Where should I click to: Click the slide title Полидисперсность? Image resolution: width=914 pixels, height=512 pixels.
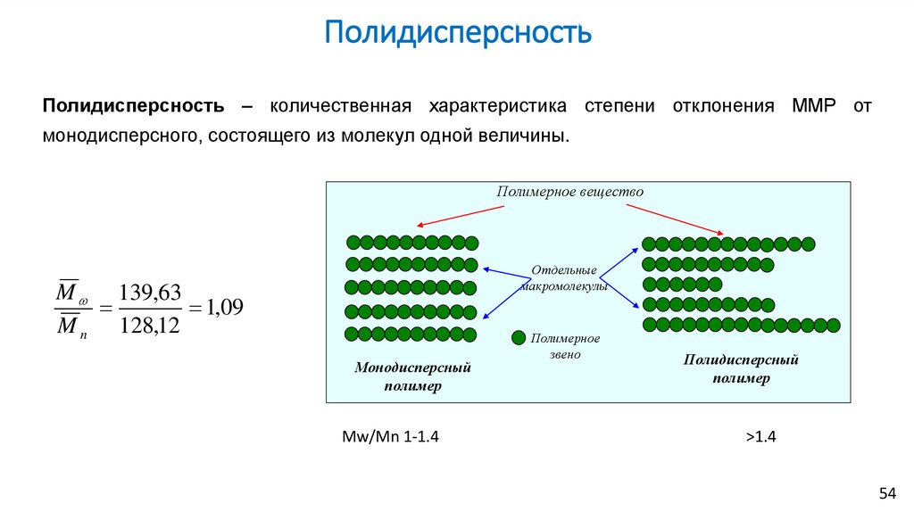coord(457,33)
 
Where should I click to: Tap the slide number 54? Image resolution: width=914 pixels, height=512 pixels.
coord(887,493)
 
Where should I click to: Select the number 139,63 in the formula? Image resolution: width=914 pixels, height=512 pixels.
coord(149,292)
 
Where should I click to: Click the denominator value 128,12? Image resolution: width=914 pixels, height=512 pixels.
coord(149,326)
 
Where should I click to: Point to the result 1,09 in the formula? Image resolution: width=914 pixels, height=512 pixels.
coord(224,308)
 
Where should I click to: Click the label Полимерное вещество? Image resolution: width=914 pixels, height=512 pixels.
coord(570,192)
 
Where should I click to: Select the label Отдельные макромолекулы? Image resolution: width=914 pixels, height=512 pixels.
coord(564,278)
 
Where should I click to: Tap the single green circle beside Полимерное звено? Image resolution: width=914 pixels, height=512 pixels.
coord(518,338)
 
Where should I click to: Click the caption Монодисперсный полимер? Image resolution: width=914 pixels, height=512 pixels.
coord(412,376)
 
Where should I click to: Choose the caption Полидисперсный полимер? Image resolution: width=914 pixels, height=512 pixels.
coord(741,368)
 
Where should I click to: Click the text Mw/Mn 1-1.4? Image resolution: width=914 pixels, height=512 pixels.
coord(391,437)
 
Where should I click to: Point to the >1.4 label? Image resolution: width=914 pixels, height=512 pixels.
coord(762,437)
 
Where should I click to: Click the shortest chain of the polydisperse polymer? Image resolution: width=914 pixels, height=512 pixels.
coord(682,284)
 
